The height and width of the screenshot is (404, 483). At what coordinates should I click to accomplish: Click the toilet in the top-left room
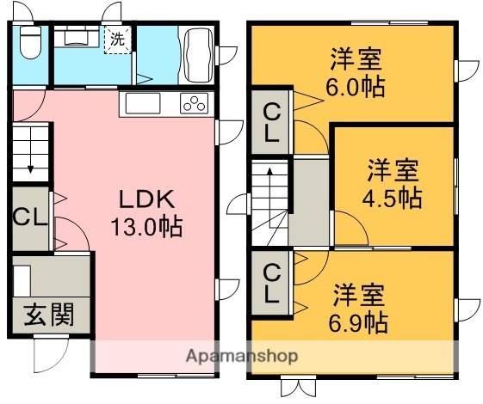[29, 40]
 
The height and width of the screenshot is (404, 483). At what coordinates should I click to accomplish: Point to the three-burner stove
[195, 105]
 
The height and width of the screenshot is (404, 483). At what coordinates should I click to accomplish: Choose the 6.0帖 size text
[356, 87]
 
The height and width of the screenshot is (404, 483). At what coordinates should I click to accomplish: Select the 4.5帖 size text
[393, 198]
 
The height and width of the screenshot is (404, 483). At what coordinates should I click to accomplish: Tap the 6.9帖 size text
[360, 322]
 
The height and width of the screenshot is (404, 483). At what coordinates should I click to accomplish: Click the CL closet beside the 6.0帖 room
[271, 122]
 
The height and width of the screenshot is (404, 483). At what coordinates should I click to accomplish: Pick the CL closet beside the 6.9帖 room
[271, 283]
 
